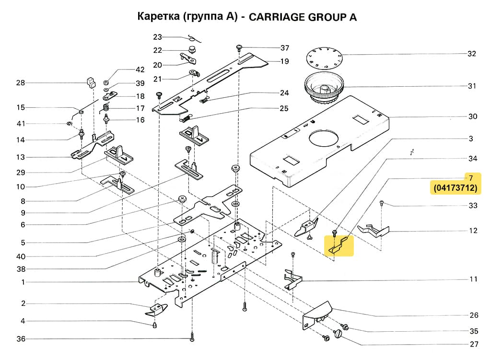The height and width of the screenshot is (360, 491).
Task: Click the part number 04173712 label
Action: pyautogui.click(x=456, y=188)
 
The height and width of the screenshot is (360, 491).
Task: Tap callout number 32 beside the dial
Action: pyautogui.click(x=472, y=54)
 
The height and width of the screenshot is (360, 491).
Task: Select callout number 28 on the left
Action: pyautogui.click(x=20, y=83)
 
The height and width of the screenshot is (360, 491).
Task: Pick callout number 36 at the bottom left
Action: pyautogui.click(x=20, y=339)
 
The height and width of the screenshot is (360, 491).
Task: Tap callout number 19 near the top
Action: pyautogui.click(x=284, y=61)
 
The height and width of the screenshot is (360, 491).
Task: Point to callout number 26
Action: pyautogui.click(x=474, y=315)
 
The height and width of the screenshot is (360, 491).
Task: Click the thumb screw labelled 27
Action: pyautogui.click(x=341, y=333)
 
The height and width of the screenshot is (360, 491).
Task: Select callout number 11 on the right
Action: pyautogui.click(x=473, y=279)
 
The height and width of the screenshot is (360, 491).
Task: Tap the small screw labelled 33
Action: pyautogui.click(x=382, y=202)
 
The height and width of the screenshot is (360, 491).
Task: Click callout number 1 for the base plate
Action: pyautogui.click(x=23, y=282)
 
